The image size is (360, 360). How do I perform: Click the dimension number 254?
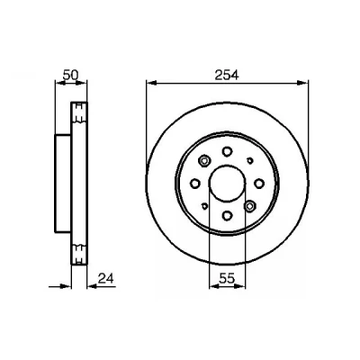[227, 75]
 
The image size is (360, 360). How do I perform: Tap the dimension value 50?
[70, 75]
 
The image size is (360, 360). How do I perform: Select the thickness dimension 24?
[106, 279]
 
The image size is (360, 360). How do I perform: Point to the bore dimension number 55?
[227, 279]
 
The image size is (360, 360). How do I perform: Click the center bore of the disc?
[227, 184]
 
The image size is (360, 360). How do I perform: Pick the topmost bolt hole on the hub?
[227, 151]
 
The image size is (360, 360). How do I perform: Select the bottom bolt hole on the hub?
[227, 215]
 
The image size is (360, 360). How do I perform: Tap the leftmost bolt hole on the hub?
[195, 184]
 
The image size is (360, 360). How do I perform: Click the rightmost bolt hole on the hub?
[259, 184]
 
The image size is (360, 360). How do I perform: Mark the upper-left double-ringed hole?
[204, 161]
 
